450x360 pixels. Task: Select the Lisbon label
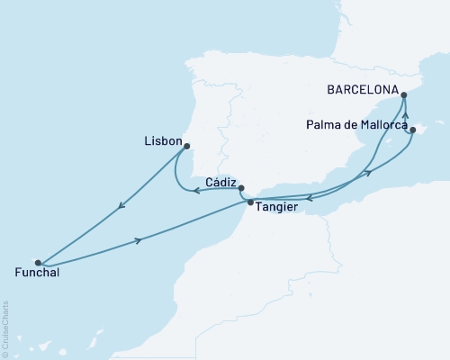pos(162,142)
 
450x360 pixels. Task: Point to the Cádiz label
pos(220,181)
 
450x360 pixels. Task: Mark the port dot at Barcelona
pos(403,94)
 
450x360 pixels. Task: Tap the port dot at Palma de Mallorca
pos(412,130)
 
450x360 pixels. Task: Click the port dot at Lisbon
pos(188,144)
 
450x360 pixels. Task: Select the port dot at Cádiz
pos(240,188)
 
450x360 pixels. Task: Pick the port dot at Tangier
pos(250,202)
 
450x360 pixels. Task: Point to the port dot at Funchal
pos(38,262)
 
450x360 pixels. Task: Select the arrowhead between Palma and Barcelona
pos(405,114)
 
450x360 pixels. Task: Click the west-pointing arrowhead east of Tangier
pos(309,198)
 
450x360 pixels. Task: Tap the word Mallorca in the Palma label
pos(384,125)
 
